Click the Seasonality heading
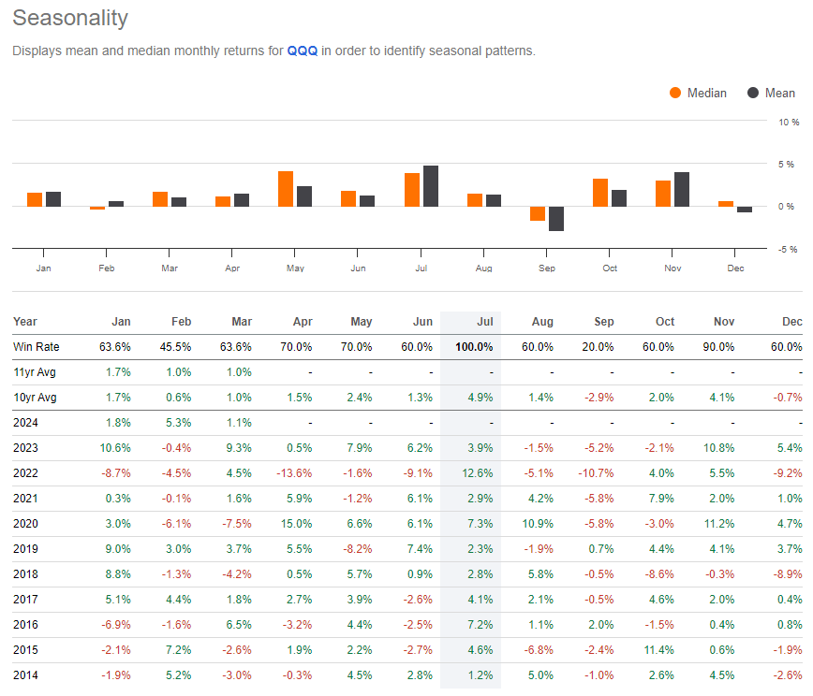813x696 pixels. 70,18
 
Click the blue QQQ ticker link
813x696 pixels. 302,51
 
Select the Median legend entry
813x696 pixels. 698,93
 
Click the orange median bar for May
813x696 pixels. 286,189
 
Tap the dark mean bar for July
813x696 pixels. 431,186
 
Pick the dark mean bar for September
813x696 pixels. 556,219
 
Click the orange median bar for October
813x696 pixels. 600,193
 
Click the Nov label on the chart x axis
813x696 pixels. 673,268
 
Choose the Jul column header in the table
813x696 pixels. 482,322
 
